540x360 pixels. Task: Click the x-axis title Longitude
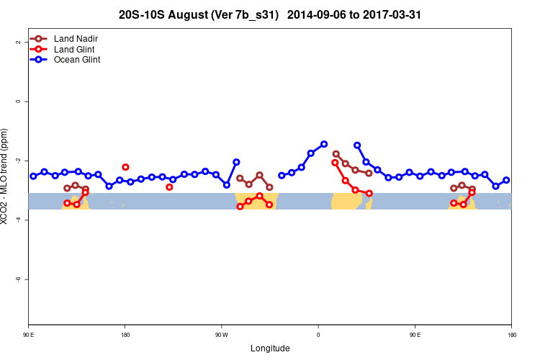click(x=270, y=348)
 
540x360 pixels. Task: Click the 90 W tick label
click(x=221, y=335)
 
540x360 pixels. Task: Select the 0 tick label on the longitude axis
click(x=318, y=335)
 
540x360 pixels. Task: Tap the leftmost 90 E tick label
click(x=29, y=335)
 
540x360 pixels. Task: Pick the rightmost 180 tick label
click(x=511, y=335)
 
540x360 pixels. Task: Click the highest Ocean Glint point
click(x=324, y=144)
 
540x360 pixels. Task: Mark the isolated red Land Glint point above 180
click(x=125, y=167)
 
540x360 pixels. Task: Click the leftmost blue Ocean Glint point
click(x=33, y=176)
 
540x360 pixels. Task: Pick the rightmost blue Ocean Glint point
click(x=506, y=180)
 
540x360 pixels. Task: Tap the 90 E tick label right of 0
click(x=415, y=335)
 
